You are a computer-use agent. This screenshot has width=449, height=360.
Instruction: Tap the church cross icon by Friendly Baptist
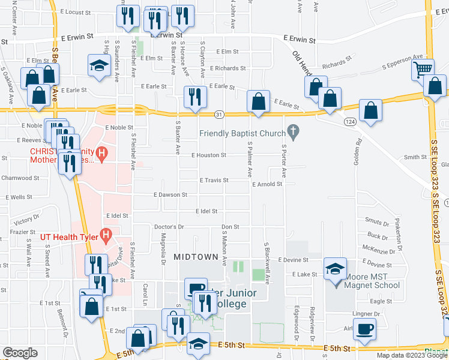click(x=293, y=130)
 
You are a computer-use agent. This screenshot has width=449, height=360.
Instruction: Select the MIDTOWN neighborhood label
click(x=196, y=257)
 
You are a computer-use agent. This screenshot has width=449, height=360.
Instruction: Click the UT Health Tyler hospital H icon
click(x=106, y=236)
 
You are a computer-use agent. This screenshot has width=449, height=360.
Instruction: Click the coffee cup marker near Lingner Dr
click(x=364, y=329)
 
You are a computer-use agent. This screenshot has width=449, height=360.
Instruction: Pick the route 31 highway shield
click(x=220, y=114)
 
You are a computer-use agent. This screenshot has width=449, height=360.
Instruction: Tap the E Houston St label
click(x=208, y=155)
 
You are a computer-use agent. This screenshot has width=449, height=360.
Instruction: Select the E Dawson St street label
click(x=170, y=195)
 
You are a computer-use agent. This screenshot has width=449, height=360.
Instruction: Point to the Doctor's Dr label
click(x=169, y=227)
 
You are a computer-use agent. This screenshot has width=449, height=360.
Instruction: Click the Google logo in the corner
click(x=19, y=353)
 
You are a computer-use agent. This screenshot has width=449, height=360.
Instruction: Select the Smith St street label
click(x=414, y=157)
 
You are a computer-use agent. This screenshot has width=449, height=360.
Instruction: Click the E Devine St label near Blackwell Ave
click(x=292, y=260)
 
